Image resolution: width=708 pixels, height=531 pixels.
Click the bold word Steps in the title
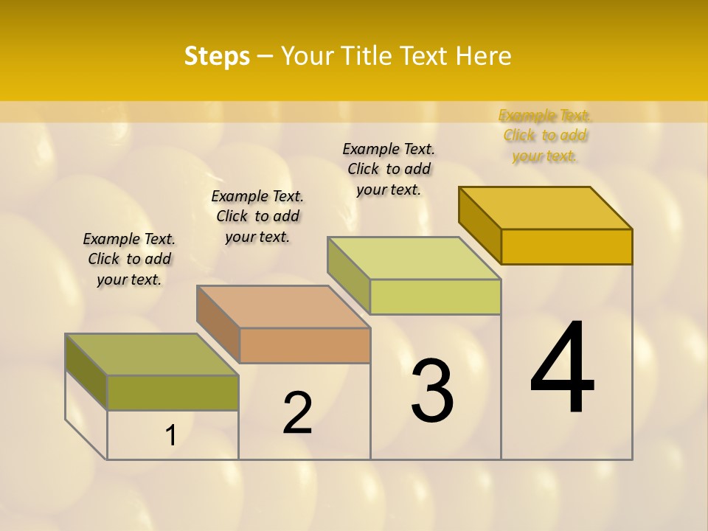click(217, 56)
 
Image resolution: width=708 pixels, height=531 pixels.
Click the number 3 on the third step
click(432, 391)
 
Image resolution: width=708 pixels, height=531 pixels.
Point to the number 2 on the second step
click(298, 413)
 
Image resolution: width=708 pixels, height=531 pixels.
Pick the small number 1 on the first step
click(171, 436)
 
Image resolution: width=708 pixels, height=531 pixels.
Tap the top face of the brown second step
click(283, 306)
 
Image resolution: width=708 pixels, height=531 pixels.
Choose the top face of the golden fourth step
click(546, 207)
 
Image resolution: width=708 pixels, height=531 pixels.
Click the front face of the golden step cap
click(566, 246)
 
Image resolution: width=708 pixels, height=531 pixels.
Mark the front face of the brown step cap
click(305, 345)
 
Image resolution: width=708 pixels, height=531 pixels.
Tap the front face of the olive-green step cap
click(173, 392)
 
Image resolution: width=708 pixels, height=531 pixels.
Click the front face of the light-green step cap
click(435, 296)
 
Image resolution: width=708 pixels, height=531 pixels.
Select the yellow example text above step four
click(544, 136)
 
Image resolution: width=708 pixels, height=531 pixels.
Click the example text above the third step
click(389, 169)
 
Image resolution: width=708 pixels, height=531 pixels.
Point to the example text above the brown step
click(257, 216)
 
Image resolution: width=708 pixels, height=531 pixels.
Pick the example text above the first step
click(129, 259)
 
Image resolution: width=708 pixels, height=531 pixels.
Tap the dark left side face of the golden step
click(479, 224)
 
